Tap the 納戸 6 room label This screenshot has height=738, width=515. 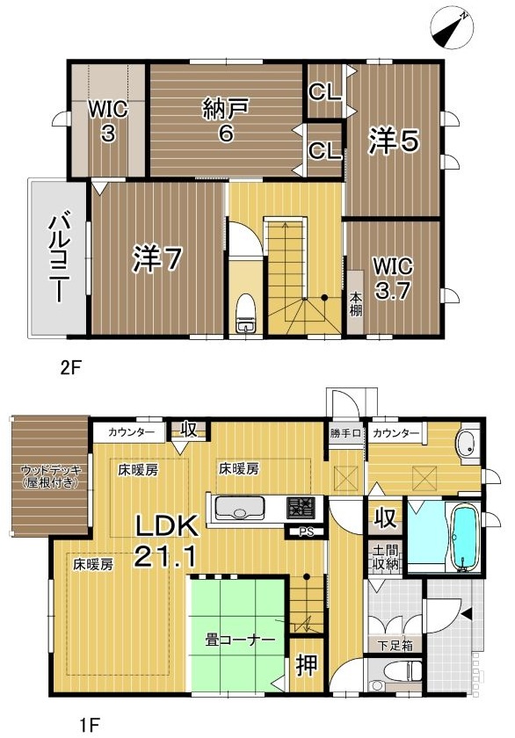pos(226,121)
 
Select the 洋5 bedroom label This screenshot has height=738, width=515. pos(394,141)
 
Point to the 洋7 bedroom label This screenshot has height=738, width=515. pos(156,258)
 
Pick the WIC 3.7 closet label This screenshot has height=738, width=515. pos(393,279)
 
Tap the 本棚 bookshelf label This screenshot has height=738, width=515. pos(355,304)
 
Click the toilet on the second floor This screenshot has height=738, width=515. pos(245,313)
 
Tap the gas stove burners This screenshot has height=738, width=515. pos(301,509)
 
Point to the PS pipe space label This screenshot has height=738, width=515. pos(307,532)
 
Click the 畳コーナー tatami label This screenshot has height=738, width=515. pos(240,640)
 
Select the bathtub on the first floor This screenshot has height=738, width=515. pos(465,538)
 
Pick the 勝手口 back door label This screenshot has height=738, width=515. pos(345,433)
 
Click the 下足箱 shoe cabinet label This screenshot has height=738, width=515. pos(395,646)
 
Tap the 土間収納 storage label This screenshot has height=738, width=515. pos(386,557)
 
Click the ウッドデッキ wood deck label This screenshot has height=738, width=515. pos(51,476)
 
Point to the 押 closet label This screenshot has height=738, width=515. pos(307,666)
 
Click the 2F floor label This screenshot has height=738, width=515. pos(71,367)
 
